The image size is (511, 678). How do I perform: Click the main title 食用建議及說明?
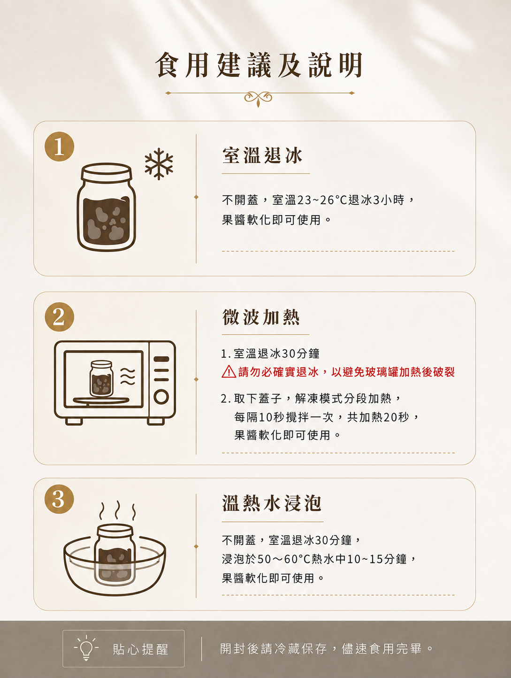[259, 65]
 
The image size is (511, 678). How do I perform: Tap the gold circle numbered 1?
[59, 146]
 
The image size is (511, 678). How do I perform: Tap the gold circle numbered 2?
[59, 317]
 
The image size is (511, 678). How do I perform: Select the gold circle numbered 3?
[59, 499]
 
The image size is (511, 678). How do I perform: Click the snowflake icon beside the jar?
[159, 164]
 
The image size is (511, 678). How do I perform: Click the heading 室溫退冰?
[262, 155]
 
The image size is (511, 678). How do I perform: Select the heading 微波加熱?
[261, 317]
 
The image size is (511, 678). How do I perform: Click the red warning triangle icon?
[229, 372]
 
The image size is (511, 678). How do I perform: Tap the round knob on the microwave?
[161, 396]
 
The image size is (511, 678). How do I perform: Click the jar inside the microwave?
[101, 378]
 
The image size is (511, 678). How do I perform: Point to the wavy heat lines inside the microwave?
[128, 376]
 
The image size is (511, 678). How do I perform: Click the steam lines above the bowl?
[117, 510]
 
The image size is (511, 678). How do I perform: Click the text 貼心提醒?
[140, 649]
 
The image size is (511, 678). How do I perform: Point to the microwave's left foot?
[74, 421]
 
